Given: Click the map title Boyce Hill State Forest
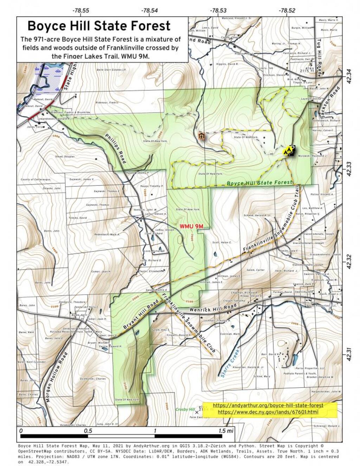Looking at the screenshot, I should tap(99, 26).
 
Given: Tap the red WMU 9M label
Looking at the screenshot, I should tap(192, 226).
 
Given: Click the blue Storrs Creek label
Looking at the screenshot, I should tap(231, 363).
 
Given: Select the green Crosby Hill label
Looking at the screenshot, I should tap(185, 409).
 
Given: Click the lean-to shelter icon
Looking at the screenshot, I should tap(201, 136).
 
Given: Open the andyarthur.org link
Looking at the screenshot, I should tap(268, 405).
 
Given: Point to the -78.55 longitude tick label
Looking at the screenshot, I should tap(81, 11).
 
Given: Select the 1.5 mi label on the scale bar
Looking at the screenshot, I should tap(226, 431).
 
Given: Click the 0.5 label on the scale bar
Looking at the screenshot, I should tap(88, 431).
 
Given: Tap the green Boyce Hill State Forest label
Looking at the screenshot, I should tap(259, 183).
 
